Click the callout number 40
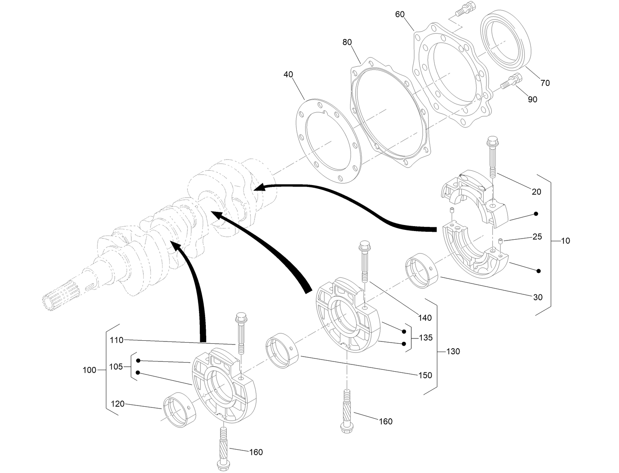(288, 75)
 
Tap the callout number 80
(347, 42)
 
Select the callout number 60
(400, 14)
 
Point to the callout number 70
(545, 83)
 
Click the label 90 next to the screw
(532, 99)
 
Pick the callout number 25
(537, 237)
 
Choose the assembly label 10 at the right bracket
(565, 241)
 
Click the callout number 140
(425, 318)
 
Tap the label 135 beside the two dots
(426, 338)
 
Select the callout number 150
(425, 375)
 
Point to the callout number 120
(118, 404)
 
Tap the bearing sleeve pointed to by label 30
(421, 271)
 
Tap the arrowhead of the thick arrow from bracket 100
(175, 246)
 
